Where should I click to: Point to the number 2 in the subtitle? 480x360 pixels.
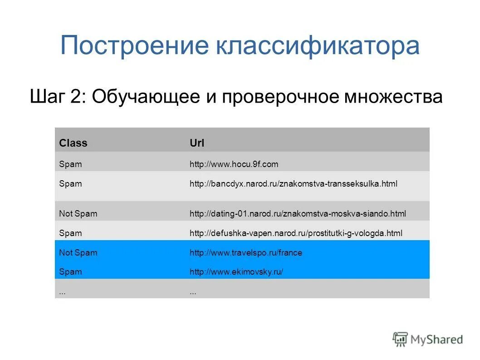pos(78,96)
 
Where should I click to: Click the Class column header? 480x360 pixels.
pos(73,143)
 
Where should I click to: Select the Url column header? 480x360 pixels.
pos(197,143)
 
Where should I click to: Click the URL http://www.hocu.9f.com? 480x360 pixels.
pos(234,164)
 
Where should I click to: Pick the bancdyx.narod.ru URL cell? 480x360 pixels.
pos(293,184)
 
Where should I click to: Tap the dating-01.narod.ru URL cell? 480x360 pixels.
pos(298,213)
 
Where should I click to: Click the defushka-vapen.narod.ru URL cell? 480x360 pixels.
pos(296,233)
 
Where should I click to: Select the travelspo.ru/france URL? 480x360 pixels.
pos(245,253)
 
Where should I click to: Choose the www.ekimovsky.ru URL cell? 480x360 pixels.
pos(236,272)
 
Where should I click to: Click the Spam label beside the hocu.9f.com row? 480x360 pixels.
pos(70,164)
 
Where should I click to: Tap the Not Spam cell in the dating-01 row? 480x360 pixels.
pos(78,213)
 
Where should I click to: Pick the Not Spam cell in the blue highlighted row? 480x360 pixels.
pos(78,253)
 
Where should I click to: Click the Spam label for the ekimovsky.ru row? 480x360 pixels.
pos(70,272)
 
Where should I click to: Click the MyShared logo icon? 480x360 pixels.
pos(400,339)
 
